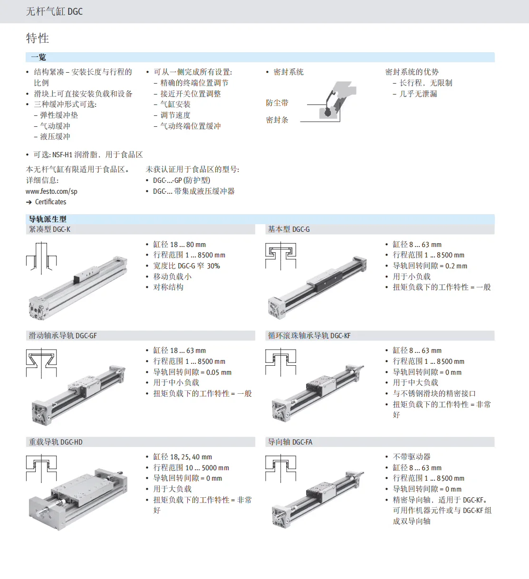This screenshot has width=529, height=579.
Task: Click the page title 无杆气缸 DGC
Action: point(54,11)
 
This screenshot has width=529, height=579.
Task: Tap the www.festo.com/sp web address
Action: point(51,191)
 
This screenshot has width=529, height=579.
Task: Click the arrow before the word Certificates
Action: point(29,202)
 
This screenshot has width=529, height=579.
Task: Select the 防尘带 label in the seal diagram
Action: point(277,103)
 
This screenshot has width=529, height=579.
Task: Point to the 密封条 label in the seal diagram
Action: point(277,120)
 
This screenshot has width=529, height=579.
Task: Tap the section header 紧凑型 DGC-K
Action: point(49,229)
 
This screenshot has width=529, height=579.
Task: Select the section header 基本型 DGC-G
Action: point(289,229)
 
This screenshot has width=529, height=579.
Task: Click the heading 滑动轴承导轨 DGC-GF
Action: point(63,335)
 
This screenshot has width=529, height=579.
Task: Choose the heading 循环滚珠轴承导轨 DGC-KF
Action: point(309,335)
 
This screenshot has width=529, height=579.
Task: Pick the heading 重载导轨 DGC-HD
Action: point(56,442)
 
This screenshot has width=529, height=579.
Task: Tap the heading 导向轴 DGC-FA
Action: point(290,442)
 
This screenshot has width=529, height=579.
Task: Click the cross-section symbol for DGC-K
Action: point(41,258)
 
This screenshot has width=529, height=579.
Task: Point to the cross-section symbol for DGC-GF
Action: point(41,363)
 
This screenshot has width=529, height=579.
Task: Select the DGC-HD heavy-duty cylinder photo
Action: point(78,500)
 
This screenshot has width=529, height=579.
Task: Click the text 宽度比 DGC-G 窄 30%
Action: point(186,266)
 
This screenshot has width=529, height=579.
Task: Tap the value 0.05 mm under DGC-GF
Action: point(219,372)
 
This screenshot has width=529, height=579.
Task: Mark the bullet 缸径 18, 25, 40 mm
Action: point(183,456)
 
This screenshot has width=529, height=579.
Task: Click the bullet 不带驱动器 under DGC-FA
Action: point(412,456)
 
